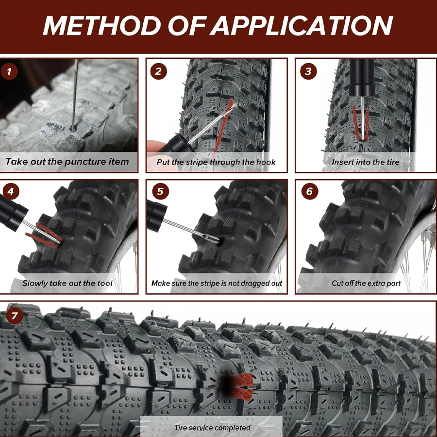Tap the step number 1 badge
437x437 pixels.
9,72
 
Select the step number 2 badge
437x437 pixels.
158,72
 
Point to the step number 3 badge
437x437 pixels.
308,72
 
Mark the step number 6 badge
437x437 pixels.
309,191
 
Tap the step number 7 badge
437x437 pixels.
15,316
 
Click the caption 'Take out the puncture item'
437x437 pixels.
67,162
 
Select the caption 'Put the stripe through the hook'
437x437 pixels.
216,162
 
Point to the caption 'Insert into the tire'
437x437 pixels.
365,162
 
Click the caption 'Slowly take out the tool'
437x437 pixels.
67,283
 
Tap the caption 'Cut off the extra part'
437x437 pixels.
366,283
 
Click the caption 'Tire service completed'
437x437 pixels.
212,428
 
